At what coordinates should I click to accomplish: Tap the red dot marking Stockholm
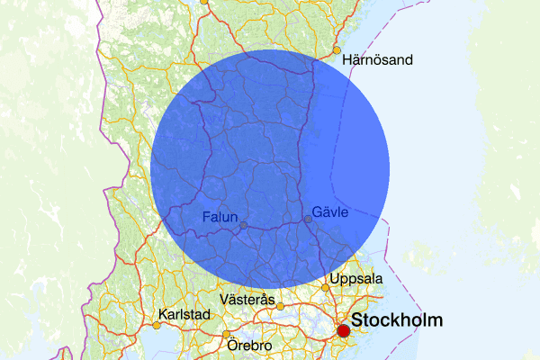pyautogui.click(x=343, y=331)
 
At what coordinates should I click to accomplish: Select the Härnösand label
pyautogui.click(x=377, y=60)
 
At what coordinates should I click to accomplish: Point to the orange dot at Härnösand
pyautogui.click(x=337, y=49)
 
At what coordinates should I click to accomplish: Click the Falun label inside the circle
pyautogui.click(x=220, y=216)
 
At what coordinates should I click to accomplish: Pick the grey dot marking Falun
pyautogui.click(x=243, y=225)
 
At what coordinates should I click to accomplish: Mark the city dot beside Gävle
pyautogui.click(x=309, y=219)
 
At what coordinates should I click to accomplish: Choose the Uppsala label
pyautogui.click(x=356, y=279)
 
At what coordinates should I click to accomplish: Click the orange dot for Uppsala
pyautogui.click(x=326, y=288)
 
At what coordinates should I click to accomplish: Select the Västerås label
pyautogui.click(x=247, y=298)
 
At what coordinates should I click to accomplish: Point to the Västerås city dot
pyautogui.click(x=280, y=306)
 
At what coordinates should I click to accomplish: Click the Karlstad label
pyautogui.click(x=184, y=315)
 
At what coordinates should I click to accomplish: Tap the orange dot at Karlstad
pyautogui.click(x=157, y=325)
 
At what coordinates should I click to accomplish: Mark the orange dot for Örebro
pyautogui.click(x=226, y=335)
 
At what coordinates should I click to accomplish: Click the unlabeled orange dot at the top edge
pyautogui.click(x=203, y=1)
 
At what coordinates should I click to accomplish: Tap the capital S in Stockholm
pyautogui.click(x=357, y=320)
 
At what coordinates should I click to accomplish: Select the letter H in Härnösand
pyautogui.click(x=347, y=60)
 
